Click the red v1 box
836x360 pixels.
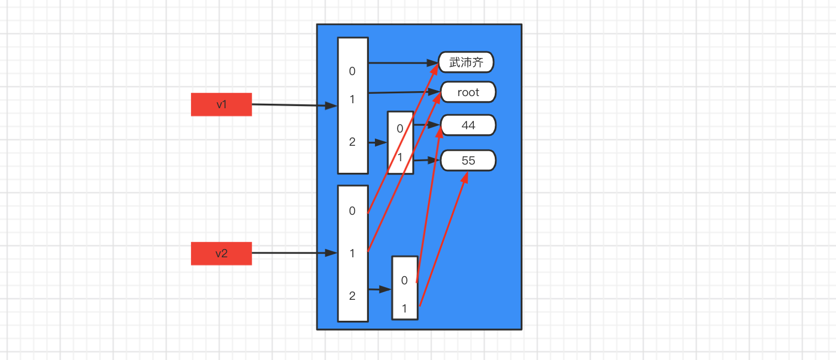(x=221, y=104)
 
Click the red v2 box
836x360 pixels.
(x=221, y=253)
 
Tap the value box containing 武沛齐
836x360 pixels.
(x=466, y=62)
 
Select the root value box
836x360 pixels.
(x=468, y=92)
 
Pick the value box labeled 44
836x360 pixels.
(x=468, y=125)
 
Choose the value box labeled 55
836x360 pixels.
(x=468, y=160)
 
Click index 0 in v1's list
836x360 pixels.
(x=352, y=71)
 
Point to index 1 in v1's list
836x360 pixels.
(x=352, y=99)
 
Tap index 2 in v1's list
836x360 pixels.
(x=352, y=142)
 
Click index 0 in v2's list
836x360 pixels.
(x=352, y=210)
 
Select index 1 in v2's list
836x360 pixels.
(x=352, y=253)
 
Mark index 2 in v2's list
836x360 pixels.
(x=352, y=295)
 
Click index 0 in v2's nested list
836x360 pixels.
(x=404, y=280)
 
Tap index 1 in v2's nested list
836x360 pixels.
(x=404, y=309)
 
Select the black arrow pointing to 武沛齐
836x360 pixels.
(x=403, y=63)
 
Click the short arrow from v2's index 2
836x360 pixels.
(x=380, y=289)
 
